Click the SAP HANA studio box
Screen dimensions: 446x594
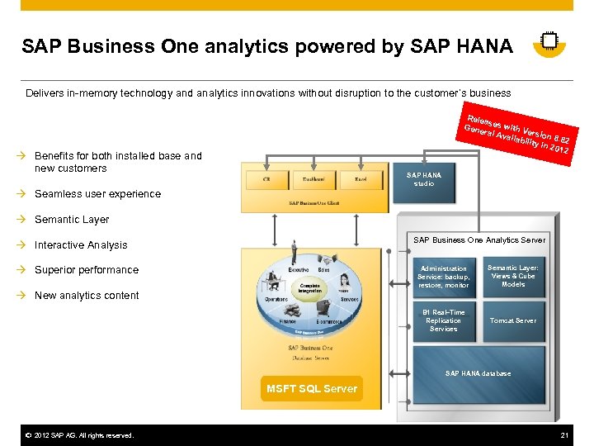click(424, 179)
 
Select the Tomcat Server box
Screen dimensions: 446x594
click(512, 320)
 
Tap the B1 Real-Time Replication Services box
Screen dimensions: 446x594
click(443, 320)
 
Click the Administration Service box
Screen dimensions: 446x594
click(443, 277)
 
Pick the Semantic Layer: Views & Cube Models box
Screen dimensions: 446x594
click(512, 277)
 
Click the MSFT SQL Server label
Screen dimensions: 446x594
click(312, 388)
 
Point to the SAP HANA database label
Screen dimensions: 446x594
click(478, 373)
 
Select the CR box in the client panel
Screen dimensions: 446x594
click(266, 178)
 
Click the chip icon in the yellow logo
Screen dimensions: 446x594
click(549, 41)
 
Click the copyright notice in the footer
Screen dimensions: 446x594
click(78, 435)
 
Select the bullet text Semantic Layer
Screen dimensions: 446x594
click(72, 220)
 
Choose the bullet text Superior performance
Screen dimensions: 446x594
click(87, 270)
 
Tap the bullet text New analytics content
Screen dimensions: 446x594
click(87, 296)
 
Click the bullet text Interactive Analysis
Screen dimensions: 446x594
click(81, 245)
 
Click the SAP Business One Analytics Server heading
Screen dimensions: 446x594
click(478, 240)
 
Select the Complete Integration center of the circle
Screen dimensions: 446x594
click(311, 288)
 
